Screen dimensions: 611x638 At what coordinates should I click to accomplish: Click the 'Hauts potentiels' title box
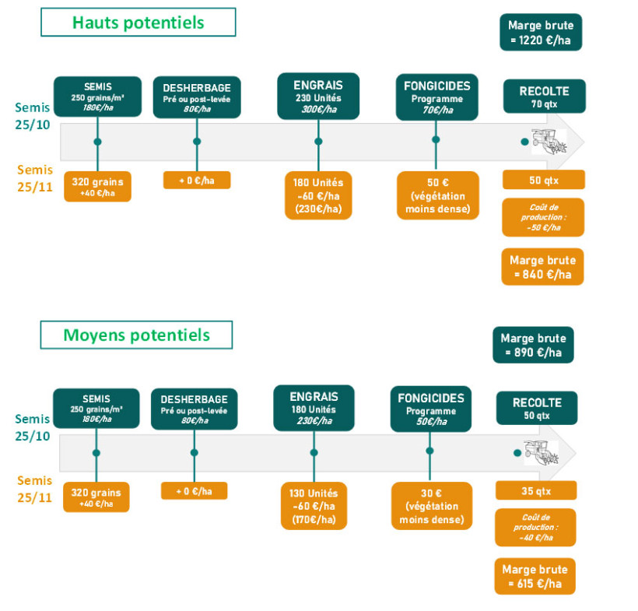click(138, 23)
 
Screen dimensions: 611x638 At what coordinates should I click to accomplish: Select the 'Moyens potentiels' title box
click(136, 335)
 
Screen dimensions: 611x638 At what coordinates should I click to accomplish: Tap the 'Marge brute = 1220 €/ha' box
click(542, 33)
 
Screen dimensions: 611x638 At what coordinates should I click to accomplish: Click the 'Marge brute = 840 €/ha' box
click(542, 267)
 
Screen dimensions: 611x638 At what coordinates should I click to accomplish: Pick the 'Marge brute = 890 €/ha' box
click(533, 346)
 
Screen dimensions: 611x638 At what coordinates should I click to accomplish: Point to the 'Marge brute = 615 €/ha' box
click(535, 576)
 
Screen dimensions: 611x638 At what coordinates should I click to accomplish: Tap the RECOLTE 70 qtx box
click(544, 97)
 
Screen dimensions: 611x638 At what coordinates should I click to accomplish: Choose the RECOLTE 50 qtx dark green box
click(536, 408)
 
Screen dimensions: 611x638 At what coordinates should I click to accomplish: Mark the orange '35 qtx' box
click(536, 490)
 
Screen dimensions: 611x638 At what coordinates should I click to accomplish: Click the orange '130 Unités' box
click(314, 506)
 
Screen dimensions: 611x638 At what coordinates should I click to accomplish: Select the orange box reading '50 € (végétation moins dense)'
click(437, 195)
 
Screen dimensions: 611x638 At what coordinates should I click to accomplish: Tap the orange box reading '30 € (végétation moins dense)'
click(431, 506)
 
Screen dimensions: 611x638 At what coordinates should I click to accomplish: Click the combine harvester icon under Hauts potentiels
click(548, 142)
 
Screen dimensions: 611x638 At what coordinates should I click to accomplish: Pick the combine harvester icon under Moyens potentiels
click(539, 452)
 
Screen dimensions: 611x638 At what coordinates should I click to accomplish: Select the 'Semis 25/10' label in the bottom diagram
click(33, 427)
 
